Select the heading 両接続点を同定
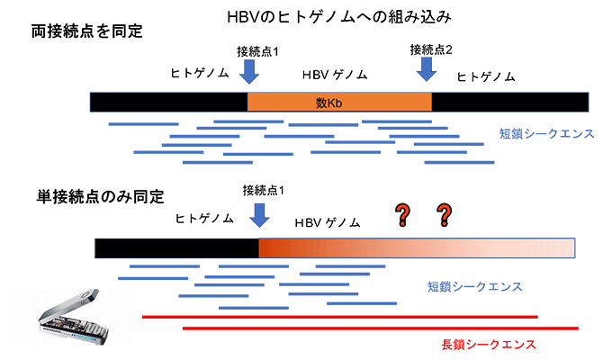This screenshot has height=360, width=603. point(87,31)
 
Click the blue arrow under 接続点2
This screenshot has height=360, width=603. point(426,69)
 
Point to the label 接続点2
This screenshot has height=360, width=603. point(431,48)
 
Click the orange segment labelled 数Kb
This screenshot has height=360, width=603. point(339,103)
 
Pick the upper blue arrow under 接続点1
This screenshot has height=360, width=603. point(250,69)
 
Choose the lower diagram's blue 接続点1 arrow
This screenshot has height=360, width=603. point(260,213)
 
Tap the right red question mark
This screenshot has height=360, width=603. point(444,214)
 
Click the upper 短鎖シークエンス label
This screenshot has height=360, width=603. point(546,134)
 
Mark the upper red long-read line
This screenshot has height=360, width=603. point(340,317)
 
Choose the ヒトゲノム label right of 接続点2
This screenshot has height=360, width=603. point(486,77)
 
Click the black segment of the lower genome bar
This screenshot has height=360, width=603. point(176,247)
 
